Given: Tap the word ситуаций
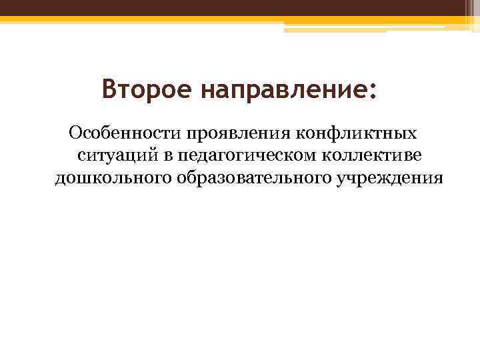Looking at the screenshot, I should pos(116,155).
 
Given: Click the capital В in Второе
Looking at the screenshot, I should pos(110,89).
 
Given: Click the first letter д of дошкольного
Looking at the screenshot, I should pos(59,179).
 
